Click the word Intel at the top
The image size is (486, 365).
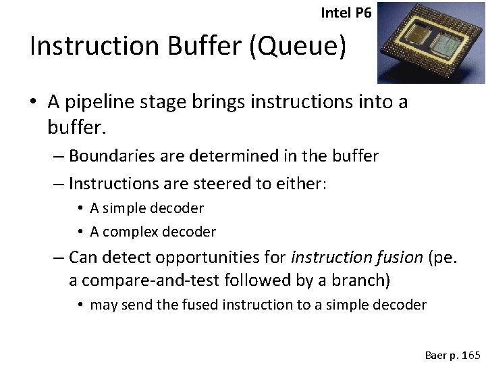click(335, 12)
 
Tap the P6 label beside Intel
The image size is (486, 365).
click(362, 12)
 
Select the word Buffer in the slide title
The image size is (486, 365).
click(203, 46)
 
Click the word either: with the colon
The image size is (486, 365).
click(301, 183)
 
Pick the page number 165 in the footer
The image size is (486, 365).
click(470, 354)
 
